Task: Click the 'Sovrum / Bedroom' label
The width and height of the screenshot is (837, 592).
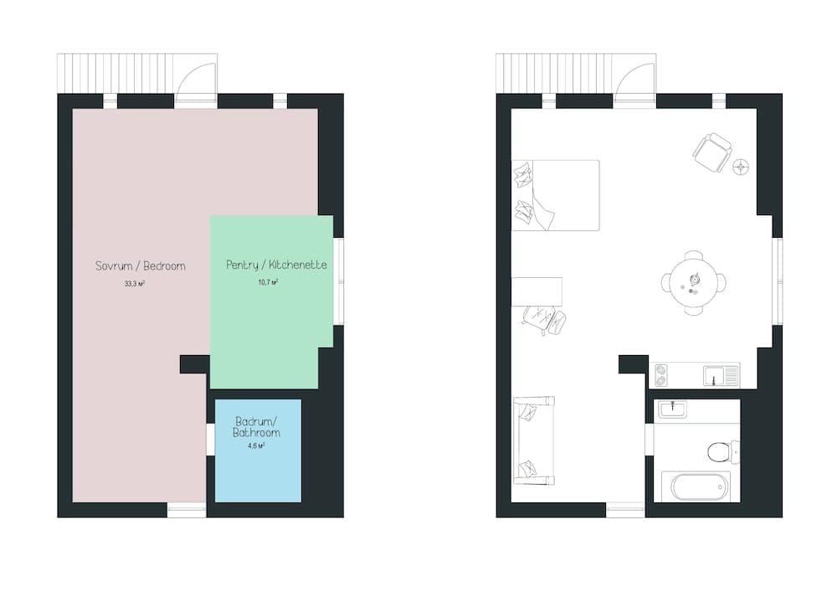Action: [140, 266]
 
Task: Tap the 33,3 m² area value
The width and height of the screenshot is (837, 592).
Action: [135, 284]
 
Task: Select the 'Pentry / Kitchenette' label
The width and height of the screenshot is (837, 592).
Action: [276, 265]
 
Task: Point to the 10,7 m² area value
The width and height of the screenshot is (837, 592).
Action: [268, 283]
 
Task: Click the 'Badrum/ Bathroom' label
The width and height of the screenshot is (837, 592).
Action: [258, 427]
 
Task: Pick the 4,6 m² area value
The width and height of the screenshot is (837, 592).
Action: [256, 446]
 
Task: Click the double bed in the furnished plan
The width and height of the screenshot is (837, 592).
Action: [555, 195]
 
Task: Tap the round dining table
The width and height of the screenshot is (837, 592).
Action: [693, 283]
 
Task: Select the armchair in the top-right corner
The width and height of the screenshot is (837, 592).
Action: [712, 152]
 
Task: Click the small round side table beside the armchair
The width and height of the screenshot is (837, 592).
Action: [742, 167]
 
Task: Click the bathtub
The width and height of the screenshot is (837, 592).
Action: [696, 486]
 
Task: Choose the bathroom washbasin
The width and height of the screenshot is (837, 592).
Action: [672, 409]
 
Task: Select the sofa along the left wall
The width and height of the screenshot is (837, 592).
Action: [533, 440]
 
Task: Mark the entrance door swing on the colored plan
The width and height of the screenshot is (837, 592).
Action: [198, 82]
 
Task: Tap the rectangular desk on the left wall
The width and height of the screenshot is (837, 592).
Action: [537, 291]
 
